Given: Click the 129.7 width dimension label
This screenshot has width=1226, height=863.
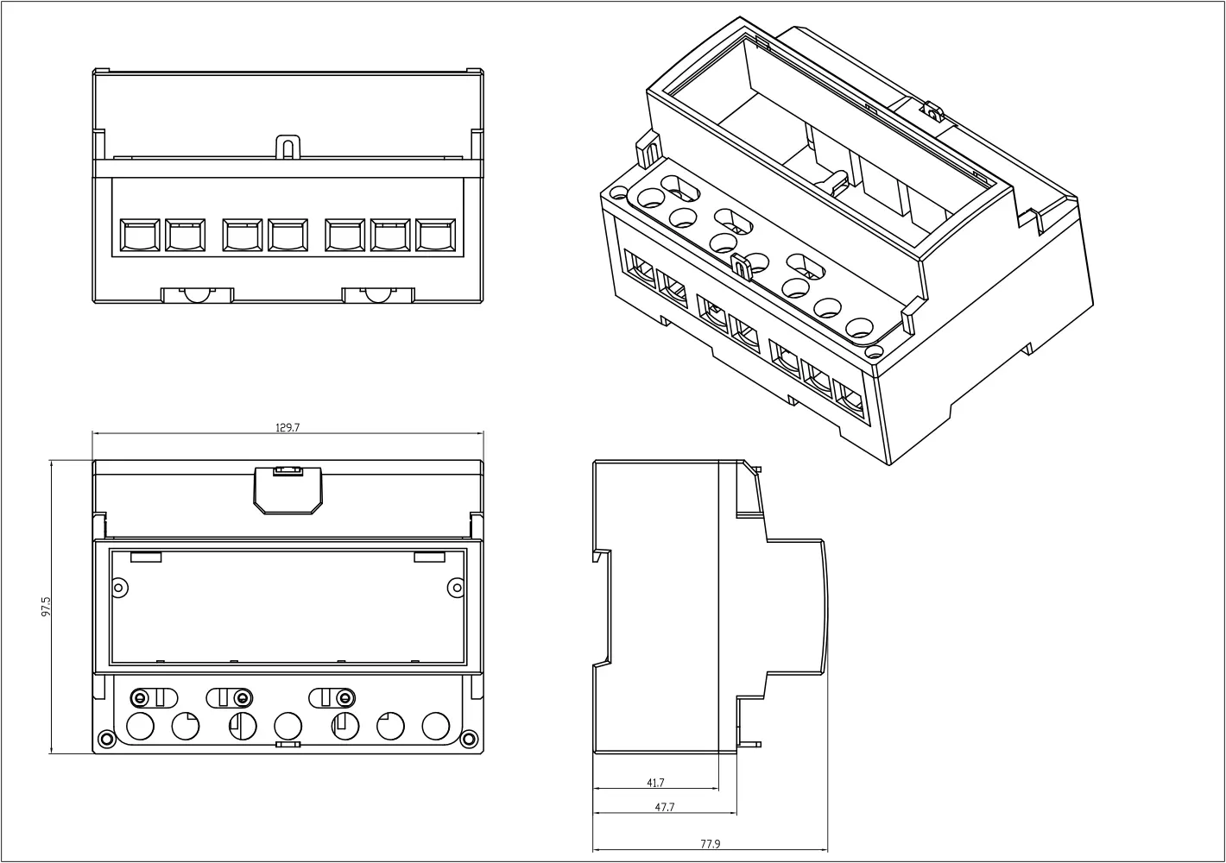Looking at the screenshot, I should (x=288, y=427).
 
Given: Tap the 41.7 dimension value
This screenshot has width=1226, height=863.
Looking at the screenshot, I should (x=655, y=783).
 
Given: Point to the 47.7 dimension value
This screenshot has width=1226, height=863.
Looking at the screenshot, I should (x=664, y=808).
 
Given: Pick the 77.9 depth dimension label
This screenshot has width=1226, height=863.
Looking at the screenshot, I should (x=710, y=844).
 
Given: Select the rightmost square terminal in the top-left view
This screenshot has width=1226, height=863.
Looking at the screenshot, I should (x=435, y=236).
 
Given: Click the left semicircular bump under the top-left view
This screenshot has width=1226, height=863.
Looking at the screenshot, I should (x=197, y=295).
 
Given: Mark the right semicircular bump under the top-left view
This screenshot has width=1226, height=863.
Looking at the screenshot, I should (x=376, y=295).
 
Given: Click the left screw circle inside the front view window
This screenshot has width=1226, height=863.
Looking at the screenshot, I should (x=120, y=587).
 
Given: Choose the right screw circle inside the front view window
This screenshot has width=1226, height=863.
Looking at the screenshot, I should (x=455, y=587).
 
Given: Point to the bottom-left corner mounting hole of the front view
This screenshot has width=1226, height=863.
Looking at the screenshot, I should (x=105, y=739).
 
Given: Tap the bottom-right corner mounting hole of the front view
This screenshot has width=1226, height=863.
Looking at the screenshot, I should (x=470, y=739).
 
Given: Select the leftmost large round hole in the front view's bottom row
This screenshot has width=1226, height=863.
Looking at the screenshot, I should (x=140, y=727).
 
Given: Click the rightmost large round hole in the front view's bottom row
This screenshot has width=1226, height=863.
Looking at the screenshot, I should (x=436, y=727).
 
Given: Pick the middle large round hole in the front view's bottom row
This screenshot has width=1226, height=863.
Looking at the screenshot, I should (x=288, y=727).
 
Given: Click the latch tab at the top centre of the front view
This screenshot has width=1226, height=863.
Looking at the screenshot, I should (x=288, y=489).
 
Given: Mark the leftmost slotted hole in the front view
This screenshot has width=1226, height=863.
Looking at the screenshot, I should (x=152, y=697).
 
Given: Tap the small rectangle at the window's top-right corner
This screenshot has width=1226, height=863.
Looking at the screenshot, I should (x=429, y=557).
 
